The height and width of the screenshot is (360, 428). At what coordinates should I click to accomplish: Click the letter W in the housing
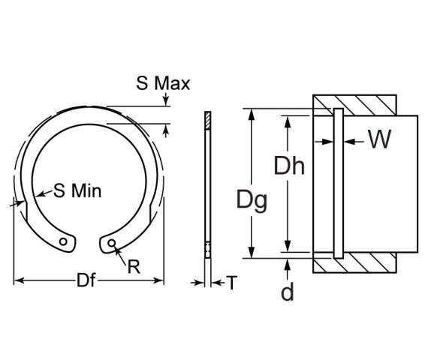[x=380, y=139]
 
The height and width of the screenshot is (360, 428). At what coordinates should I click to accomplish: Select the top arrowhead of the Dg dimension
[x=251, y=113]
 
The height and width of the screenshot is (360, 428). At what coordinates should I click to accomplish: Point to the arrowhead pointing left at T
[x=216, y=282]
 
